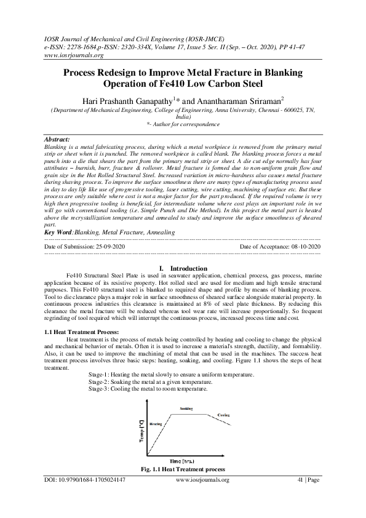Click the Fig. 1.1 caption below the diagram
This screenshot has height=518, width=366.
point(183,469)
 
